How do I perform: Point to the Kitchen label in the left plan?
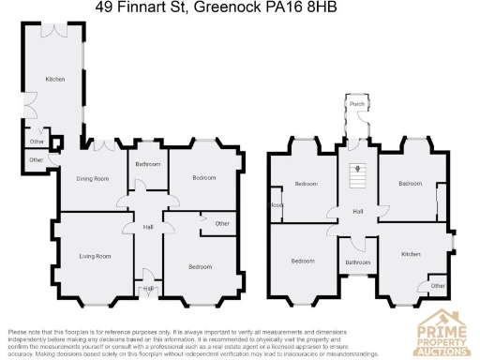pos(55,80)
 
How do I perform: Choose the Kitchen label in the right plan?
pos(412,254)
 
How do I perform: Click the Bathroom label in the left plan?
pos(148,164)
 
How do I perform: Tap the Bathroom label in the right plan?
pos(358,262)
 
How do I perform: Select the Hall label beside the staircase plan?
pos(358,212)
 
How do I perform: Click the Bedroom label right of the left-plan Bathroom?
pos(204,177)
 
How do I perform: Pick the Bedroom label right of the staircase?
pos(411,184)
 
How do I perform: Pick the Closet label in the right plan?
pos(277,205)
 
